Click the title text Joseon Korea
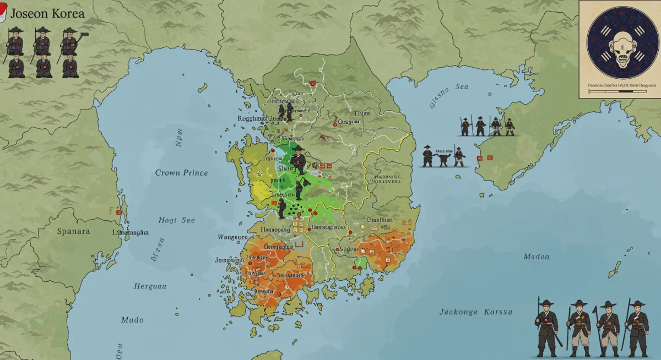(x=47, y=13)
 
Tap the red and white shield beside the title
(x=3, y=12)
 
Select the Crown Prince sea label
(x=181, y=173)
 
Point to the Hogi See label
(x=176, y=220)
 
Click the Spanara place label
(x=73, y=231)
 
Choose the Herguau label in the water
(x=150, y=286)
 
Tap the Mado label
(x=132, y=320)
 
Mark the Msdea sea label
(x=536, y=257)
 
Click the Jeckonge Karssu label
(x=475, y=312)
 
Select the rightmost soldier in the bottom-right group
(x=637, y=328)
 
